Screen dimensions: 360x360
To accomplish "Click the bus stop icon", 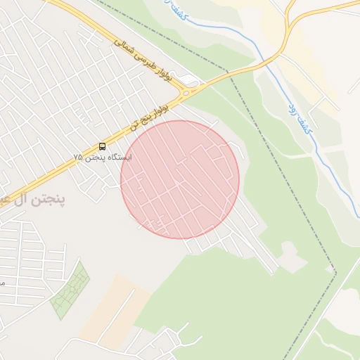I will pos(103,146).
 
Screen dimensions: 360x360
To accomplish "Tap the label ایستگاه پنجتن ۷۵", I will pos(103,157).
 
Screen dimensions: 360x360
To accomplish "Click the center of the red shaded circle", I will pos(180,179).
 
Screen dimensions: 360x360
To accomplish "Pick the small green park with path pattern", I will pos(70,290).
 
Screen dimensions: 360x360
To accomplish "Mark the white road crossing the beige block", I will pos(120,309).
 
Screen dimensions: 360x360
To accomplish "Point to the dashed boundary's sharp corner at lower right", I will pos(336,273).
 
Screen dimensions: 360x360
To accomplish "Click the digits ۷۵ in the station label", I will pos(79,157).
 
